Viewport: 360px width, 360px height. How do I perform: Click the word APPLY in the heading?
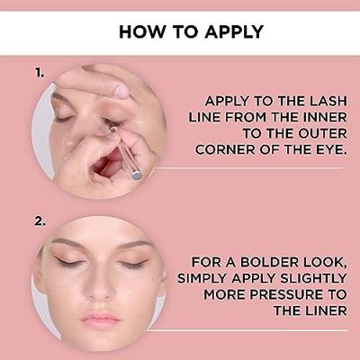click(x=234, y=31)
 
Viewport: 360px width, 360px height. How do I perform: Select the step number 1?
click(x=40, y=73)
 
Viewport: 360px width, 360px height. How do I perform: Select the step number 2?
click(x=40, y=222)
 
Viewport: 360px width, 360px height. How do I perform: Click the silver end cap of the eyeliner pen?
click(x=137, y=175)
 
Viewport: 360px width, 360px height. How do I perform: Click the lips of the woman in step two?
click(x=101, y=318)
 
